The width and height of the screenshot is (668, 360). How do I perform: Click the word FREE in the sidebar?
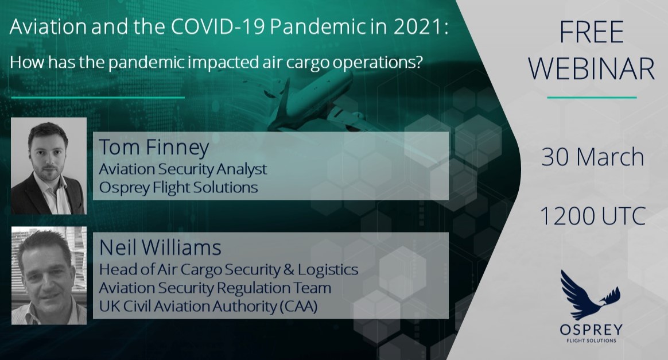coord(592,32)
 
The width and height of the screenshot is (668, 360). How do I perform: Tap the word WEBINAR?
coord(592,68)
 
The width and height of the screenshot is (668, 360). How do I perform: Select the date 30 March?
coord(592,157)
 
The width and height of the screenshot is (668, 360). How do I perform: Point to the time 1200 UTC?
coord(593,216)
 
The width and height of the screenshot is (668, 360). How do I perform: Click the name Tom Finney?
coord(154,148)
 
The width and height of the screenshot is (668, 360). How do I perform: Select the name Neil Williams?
coord(160,247)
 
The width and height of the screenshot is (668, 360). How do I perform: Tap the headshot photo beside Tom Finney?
coord(49,166)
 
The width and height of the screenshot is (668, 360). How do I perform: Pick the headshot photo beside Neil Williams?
coord(49,275)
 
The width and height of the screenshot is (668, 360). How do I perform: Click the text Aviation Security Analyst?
coord(182,169)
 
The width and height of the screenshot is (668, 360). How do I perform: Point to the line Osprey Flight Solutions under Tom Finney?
coord(178,187)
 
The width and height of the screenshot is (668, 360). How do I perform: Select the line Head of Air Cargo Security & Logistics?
coord(228,270)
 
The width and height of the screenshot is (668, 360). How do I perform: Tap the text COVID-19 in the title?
coord(219,27)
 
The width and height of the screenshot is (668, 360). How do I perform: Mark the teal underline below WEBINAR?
coord(592,98)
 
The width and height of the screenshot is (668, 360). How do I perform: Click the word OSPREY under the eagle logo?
coord(591,330)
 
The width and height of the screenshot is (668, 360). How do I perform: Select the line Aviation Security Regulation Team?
coord(215,288)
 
